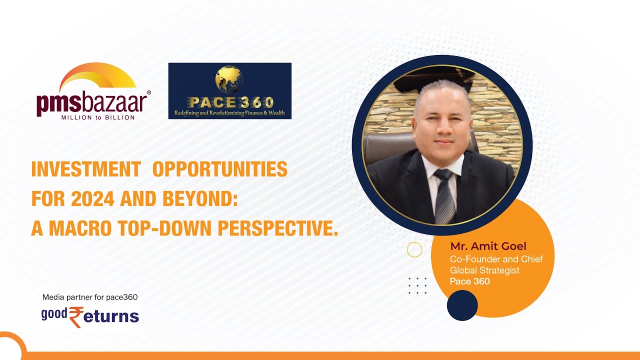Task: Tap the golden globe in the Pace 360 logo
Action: click(230, 80)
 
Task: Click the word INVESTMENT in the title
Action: click(85, 170)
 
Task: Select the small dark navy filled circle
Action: click(462, 305)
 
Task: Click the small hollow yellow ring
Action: click(414, 249)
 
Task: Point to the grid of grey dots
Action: click(417, 285)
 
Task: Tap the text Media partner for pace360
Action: click(90, 297)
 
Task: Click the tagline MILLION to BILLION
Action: click(97, 117)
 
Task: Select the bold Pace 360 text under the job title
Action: click(469, 281)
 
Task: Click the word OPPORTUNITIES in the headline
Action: click(219, 170)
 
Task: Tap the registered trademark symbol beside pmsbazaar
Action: click(148, 92)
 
